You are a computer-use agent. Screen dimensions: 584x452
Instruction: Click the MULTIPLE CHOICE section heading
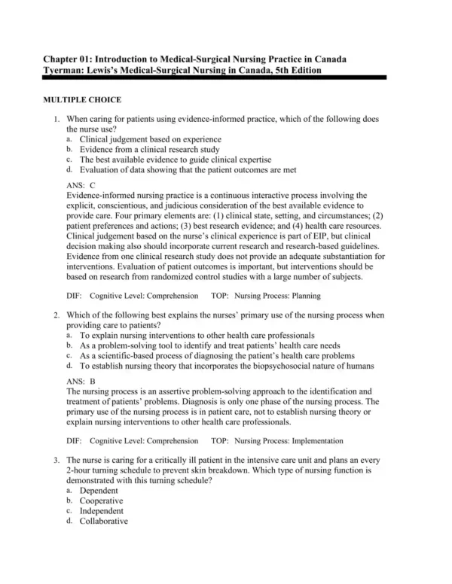82,99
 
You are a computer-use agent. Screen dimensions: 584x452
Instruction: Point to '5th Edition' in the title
296,70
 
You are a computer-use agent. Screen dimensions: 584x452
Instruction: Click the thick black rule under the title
218,78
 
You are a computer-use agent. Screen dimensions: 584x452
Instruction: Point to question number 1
56,120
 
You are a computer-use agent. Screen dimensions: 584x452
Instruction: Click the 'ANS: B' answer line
81,381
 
